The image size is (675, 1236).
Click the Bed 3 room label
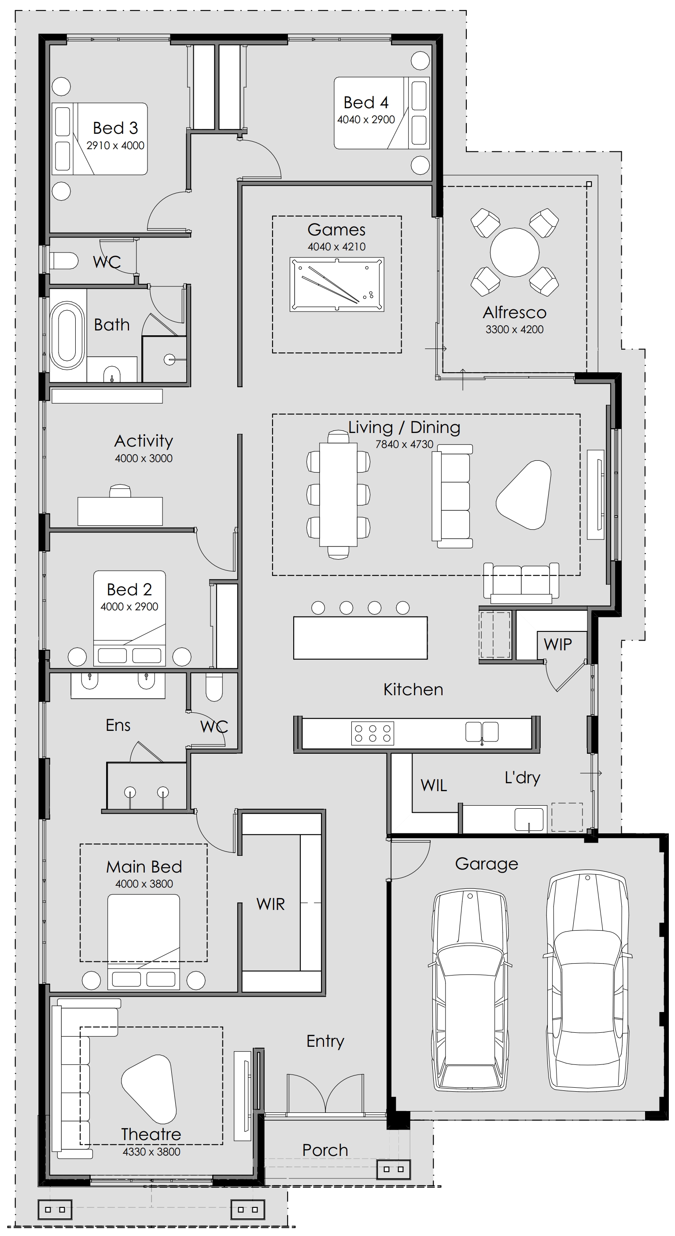[x=115, y=128]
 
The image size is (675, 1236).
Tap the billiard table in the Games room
[x=336, y=285]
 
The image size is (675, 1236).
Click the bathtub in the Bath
[x=67, y=335]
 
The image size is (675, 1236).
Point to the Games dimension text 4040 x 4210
[x=336, y=246]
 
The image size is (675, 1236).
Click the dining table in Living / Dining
[x=339, y=494]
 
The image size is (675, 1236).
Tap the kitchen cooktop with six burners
[x=373, y=733]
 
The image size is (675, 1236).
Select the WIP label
[x=557, y=644]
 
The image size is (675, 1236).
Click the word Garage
[x=487, y=864]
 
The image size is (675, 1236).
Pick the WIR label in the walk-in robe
[x=270, y=904]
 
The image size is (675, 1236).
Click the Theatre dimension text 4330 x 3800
[x=151, y=1152]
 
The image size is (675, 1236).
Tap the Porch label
[x=325, y=1150]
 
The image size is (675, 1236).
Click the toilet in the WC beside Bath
[x=64, y=261]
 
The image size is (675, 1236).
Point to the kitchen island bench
[x=361, y=638]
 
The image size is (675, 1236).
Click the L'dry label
[x=522, y=778]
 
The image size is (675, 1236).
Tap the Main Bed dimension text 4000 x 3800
[x=144, y=884]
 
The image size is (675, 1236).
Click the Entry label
[x=325, y=1041]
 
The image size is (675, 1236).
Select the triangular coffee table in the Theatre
[x=149, y=1089]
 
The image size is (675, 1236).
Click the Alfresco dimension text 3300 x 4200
[x=514, y=329]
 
